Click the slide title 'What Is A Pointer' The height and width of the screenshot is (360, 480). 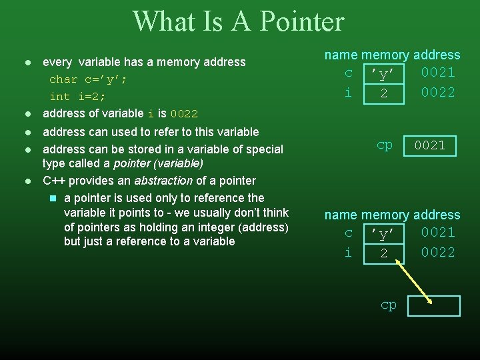tap(238, 21)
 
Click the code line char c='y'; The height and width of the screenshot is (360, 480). tap(88, 79)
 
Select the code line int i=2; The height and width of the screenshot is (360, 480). tap(77, 97)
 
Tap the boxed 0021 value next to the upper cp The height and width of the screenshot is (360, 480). tap(430, 145)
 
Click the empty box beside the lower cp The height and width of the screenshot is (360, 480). tap(434, 306)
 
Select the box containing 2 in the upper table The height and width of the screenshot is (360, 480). tap(383, 94)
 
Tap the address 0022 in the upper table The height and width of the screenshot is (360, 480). tap(438, 93)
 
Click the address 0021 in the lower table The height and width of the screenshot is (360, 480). tap(438, 233)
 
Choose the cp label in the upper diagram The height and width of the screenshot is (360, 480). tap(385, 145)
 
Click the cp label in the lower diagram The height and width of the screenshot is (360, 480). tap(388, 305)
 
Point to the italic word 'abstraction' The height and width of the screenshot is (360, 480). tap(163, 181)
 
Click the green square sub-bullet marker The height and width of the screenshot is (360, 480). tap(53, 198)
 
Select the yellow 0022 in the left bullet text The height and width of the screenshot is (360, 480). tap(184, 114)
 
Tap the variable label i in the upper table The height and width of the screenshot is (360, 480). tap(348, 93)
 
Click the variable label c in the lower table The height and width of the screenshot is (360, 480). tap(348, 233)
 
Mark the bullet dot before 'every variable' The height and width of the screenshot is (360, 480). tap(27, 63)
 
